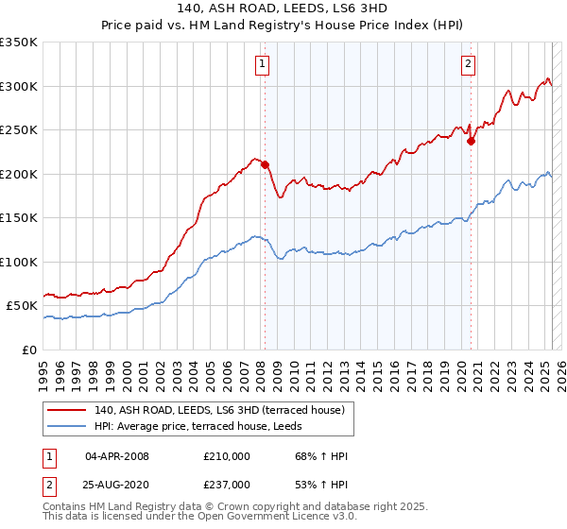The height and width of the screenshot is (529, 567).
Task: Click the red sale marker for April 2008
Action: pos(265,165)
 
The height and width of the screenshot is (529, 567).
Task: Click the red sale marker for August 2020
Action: pos(471,142)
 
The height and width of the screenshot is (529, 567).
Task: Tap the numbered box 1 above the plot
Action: pos(261,64)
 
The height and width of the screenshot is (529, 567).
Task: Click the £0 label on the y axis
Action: pos(29,350)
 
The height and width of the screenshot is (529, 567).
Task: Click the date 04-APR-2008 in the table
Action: pos(117,456)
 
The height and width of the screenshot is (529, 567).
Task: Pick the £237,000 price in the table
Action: pos(227,484)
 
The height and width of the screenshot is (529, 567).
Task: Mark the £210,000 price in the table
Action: pos(227,456)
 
